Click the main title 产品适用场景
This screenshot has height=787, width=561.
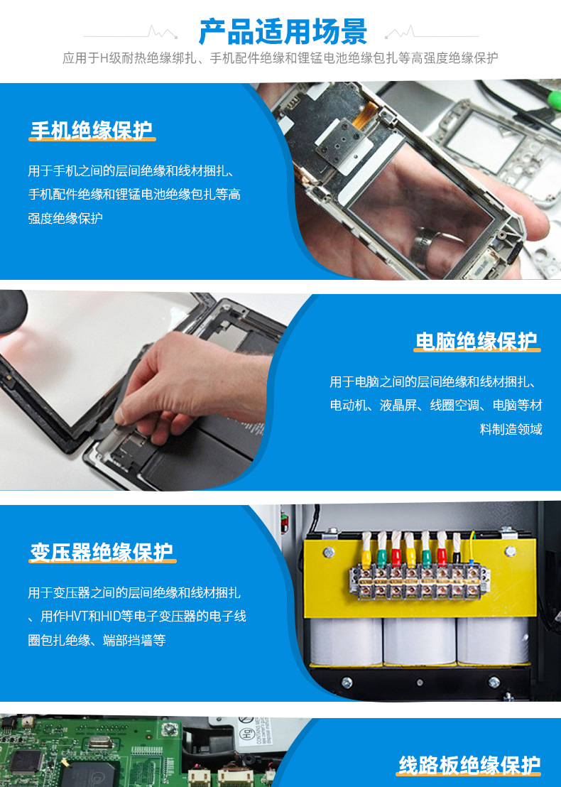[x=283, y=32]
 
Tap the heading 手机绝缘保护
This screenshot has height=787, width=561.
[x=92, y=130]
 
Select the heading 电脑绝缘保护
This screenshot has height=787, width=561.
[x=476, y=341]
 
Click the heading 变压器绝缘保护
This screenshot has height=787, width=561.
[x=102, y=552]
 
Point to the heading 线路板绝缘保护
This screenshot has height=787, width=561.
[x=469, y=765]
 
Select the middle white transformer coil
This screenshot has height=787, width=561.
[x=420, y=641]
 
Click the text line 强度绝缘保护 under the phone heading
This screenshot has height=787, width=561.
[x=65, y=218]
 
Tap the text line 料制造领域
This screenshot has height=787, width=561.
[x=511, y=429]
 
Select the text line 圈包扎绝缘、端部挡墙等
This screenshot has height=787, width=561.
[x=97, y=641]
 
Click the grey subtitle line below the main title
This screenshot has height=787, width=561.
[x=280, y=58]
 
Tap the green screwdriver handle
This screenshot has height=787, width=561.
[x=553, y=99]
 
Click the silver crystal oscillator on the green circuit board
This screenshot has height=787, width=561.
[x=97, y=743]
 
